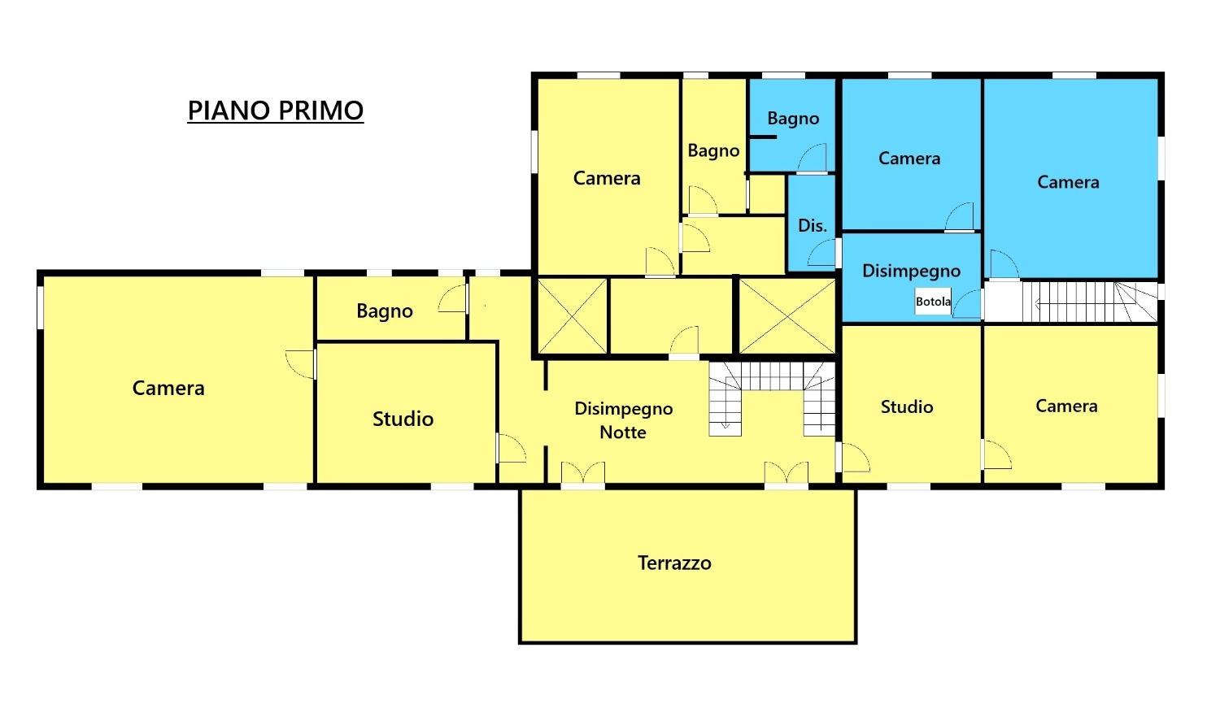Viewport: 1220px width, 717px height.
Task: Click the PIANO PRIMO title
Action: tap(275, 111)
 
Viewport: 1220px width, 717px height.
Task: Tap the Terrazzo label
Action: tap(674, 563)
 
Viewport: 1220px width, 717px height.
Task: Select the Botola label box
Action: tap(933, 302)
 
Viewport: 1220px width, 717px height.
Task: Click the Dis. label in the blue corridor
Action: tap(812, 226)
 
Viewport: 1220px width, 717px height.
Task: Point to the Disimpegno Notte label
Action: tap(623, 420)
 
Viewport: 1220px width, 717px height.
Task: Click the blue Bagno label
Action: tap(793, 119)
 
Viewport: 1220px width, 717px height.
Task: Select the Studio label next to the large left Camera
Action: tap(403, 419)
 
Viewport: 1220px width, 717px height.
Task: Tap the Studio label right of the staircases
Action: tap(906, 407)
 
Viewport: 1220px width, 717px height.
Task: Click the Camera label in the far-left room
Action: tap(168, 389)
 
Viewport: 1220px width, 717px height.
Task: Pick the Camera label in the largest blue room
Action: tap(1068, 183)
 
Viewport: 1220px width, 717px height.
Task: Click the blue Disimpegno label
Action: tap(911, 272)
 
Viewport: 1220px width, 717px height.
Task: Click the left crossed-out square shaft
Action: tap(573, 316)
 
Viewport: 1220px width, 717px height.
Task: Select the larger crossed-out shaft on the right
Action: tap(786, 316)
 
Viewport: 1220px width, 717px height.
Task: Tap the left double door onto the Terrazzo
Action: tap(582, 473)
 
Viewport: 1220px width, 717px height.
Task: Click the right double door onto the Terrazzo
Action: tap(786, 473)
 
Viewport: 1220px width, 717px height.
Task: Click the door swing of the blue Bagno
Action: tap(813, 159)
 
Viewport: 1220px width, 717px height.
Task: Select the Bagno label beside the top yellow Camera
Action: tap(713, 151)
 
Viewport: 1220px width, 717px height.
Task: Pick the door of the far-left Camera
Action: tap(301, 363)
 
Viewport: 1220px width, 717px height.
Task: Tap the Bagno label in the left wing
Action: tap(385, 311)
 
